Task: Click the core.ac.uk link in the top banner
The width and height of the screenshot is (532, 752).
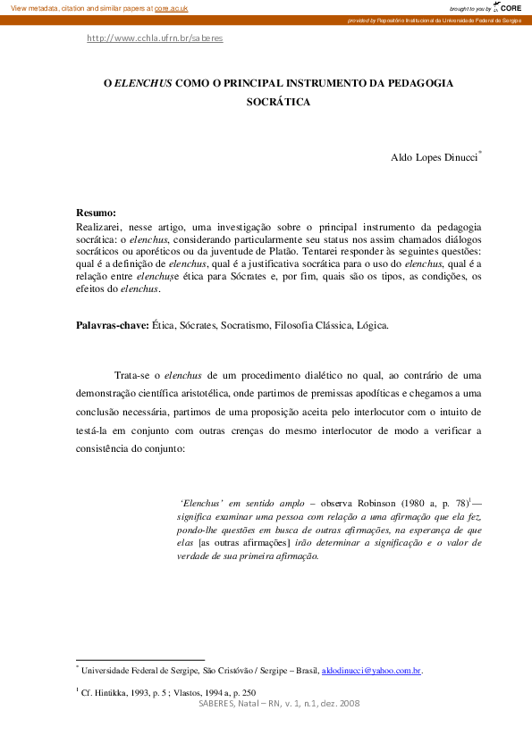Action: coord(172,7)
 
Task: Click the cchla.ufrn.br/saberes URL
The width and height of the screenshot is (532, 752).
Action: coord(155,38)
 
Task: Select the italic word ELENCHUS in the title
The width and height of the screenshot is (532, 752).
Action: coord(143,82)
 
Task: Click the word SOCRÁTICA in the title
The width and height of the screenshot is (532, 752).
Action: coord(278,102)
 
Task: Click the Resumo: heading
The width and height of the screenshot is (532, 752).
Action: coord(97,213)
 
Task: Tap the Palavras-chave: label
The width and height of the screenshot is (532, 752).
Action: coord(113,325)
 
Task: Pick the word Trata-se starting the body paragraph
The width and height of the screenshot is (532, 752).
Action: coord(131,374)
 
